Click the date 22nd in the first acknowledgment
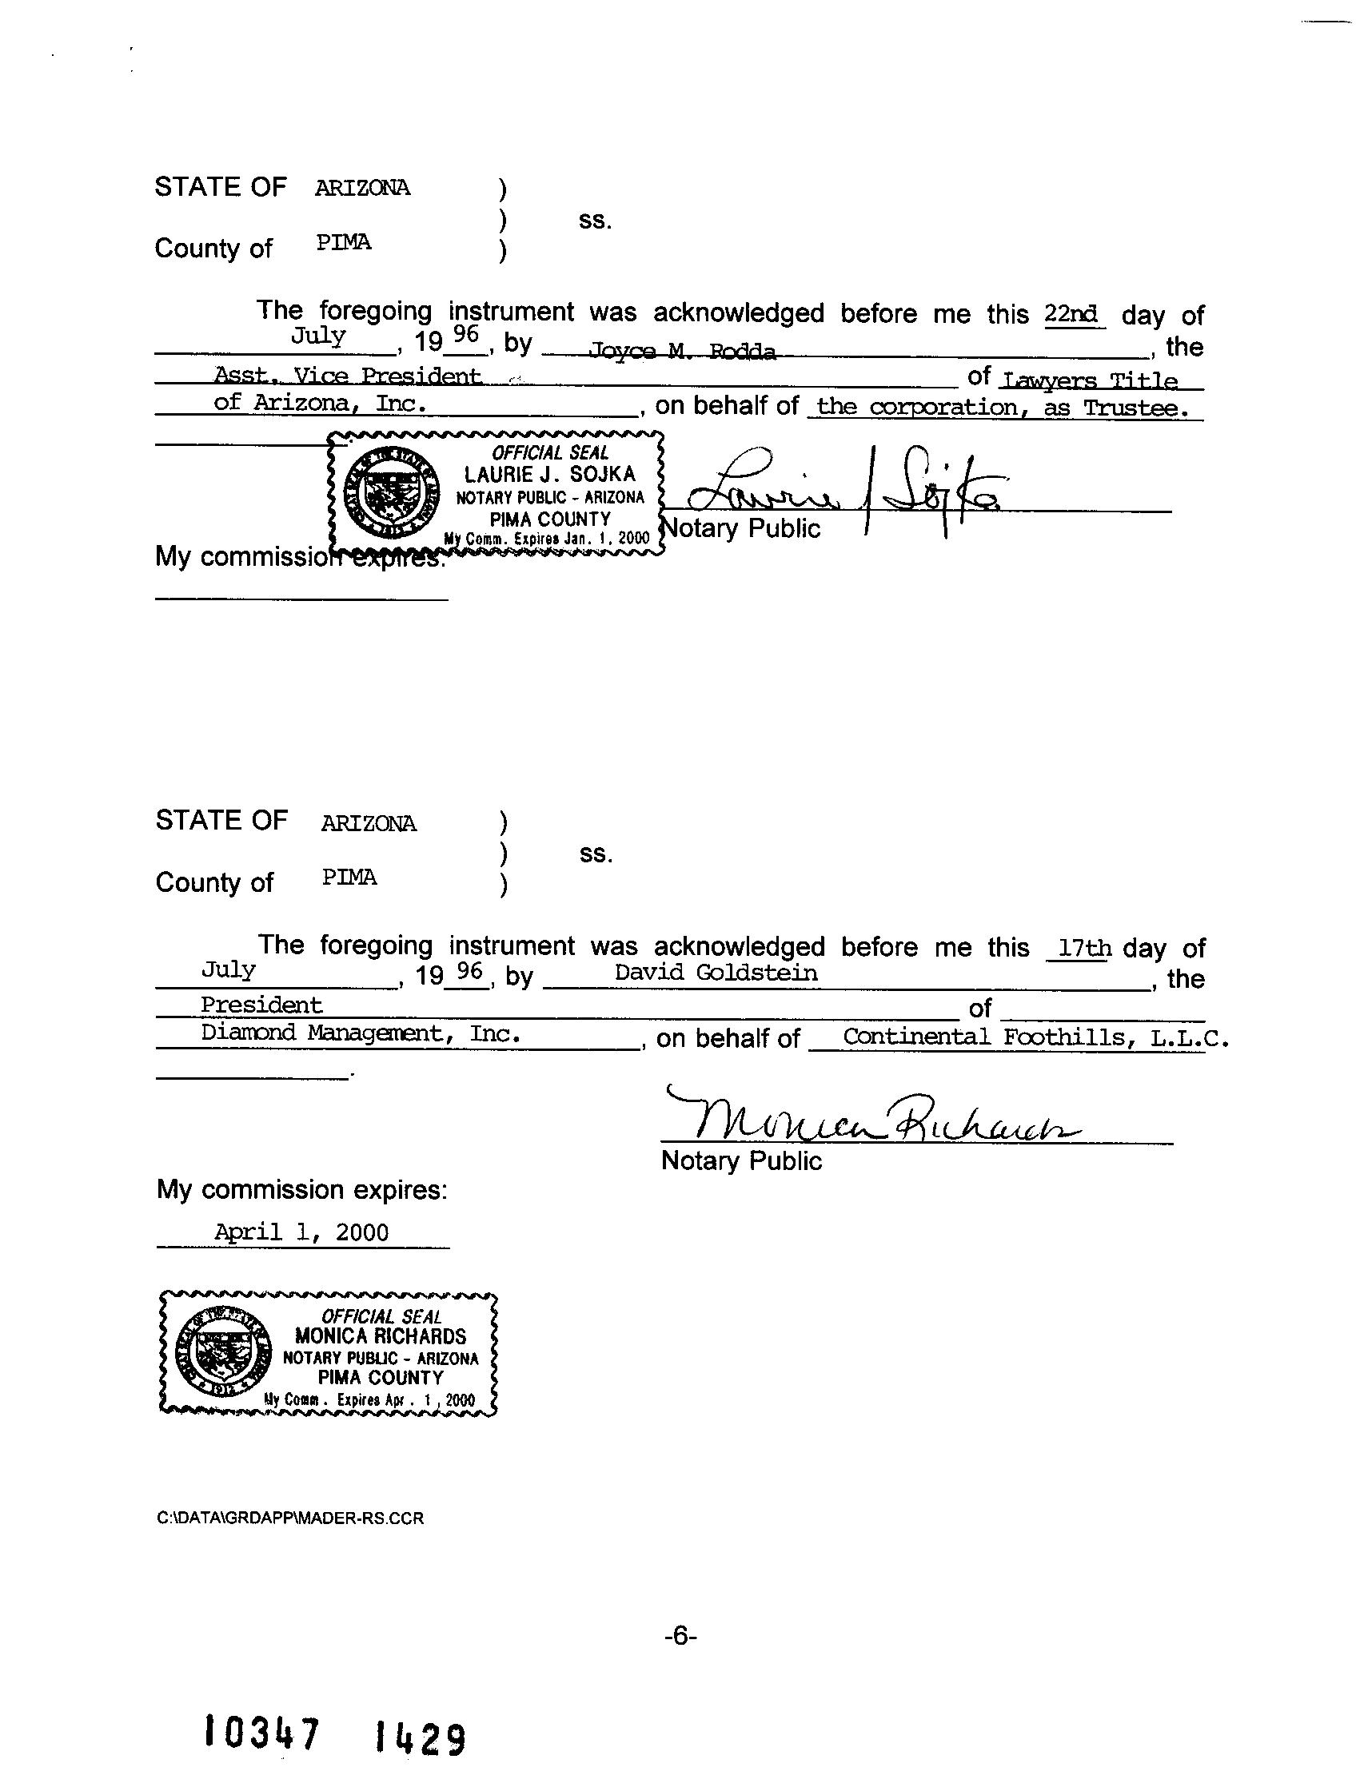[1071, 314]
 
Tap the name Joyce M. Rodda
[682, 351]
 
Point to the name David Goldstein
[716, 973]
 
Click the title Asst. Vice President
[347, 376]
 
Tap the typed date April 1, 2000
[301, 1232]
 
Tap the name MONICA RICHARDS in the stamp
[380, 1336]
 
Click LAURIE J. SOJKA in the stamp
[549, 475]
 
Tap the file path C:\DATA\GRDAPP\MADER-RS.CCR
[290, 1518]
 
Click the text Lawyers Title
[1090, 380]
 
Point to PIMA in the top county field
[344, 242]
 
